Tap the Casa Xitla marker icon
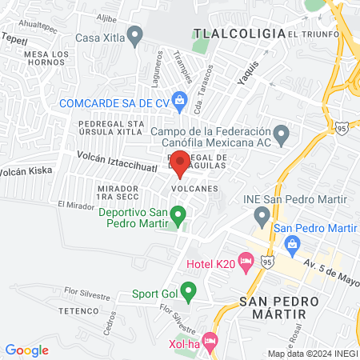coord(135,35)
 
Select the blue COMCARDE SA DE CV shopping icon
coord(179,101)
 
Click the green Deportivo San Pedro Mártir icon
coord(179,214)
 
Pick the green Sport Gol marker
coord(188,290)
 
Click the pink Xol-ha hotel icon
coord(210,342)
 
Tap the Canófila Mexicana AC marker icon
coord(280,133)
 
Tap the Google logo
coord(27,350)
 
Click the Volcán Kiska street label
coord(24,171)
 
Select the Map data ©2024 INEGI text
coord(313,354)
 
